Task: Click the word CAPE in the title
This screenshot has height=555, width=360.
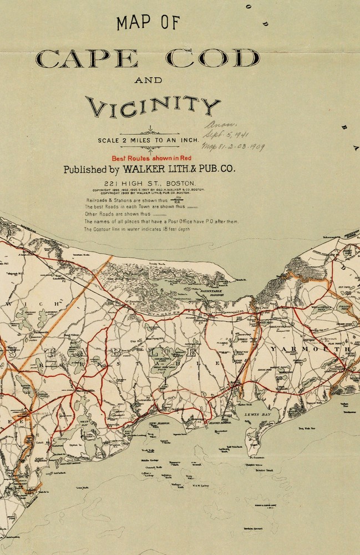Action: pyautogui.click(x=86, y=58)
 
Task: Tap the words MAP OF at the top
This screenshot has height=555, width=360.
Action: pyautogui.click(x=148, y=23)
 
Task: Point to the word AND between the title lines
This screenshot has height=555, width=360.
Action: pyautogui.click(x=148, y=80)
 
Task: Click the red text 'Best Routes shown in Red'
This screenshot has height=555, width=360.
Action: pyautogui.click(x=151, y=158)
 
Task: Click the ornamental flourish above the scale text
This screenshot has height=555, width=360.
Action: pyautogui.click(x=150, y=131)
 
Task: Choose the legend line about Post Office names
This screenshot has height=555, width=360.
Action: pyautogui.click(x=161, y=221)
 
